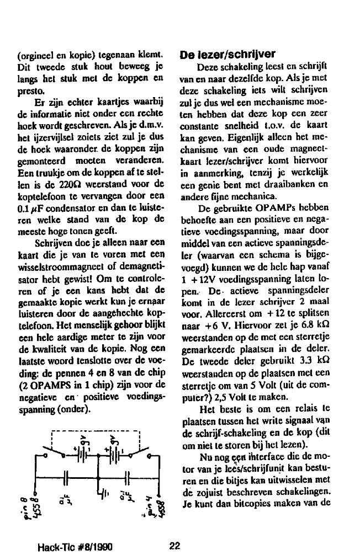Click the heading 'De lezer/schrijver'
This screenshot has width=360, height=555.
(x=227, y=55)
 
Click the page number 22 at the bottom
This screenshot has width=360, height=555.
(x=176, y=546)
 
